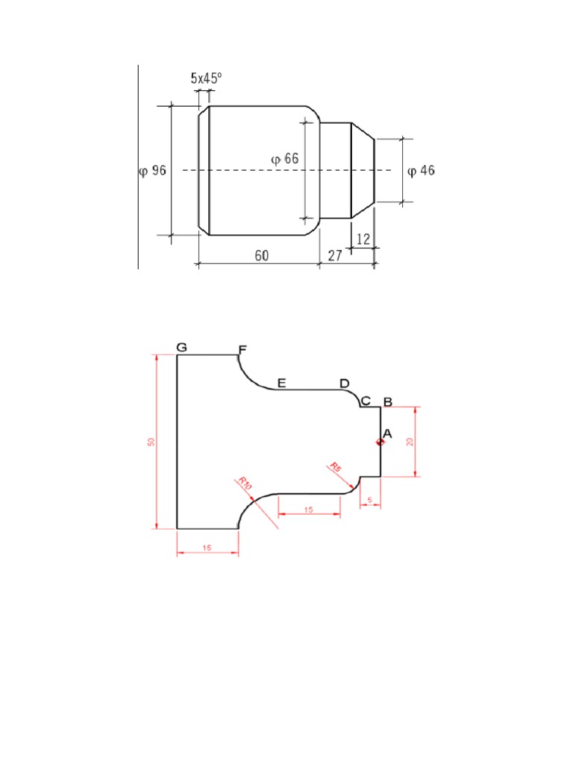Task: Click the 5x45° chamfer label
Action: click(x=207, y=78)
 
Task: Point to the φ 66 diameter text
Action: click(x=284, y=159)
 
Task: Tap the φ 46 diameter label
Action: click(x=421, y=171)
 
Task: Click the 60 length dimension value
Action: click(x=261, y=255)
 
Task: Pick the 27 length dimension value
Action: click(x=335, y=255)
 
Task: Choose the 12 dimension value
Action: click(x=363, y=239)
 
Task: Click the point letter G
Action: click(x=182, y=347)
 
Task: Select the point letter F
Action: click(x=241, y=349)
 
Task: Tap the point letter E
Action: click(x=281, y=383)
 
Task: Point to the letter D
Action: click(x=344, y=383)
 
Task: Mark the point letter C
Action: click(x=366, y=401)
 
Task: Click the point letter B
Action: click(x=387, y=402)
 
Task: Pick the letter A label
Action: click(x=386, y=433)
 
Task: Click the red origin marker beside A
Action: click(x=380, y=442)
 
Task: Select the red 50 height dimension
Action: click(x=151, y=442)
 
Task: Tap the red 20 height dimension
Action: click(x=409, y=441)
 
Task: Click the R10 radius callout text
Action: click(x=246, y=483)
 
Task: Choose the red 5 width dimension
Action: click(x=370, y=500)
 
